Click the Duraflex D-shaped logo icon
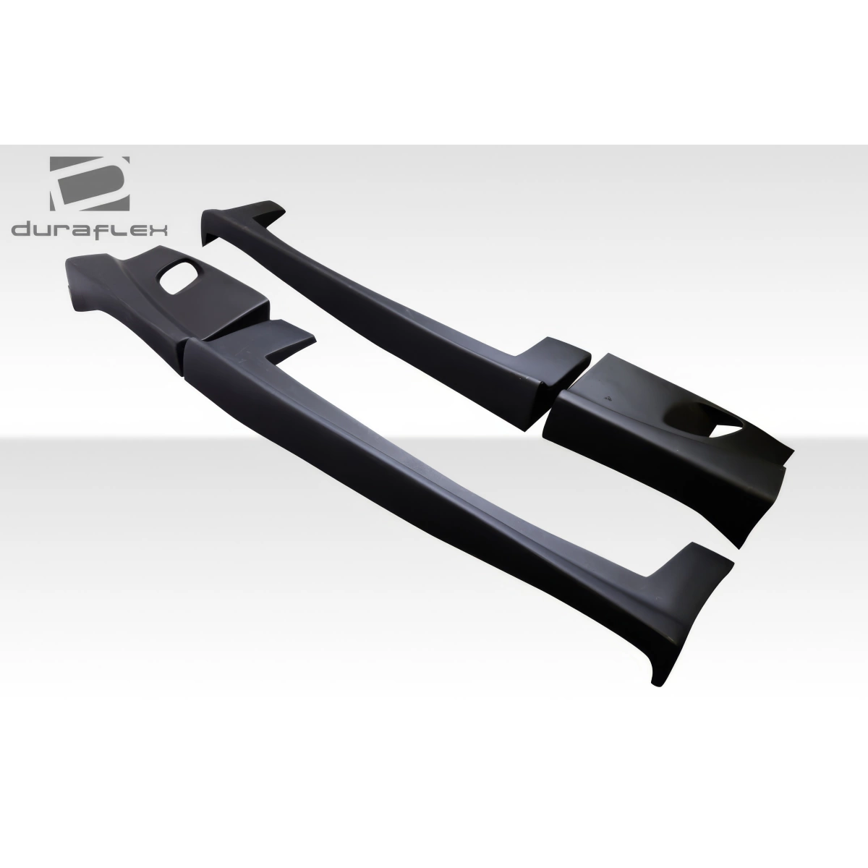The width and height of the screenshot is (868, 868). click(x=89, y=182)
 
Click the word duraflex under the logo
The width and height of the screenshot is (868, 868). click(x=90, y=230)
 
